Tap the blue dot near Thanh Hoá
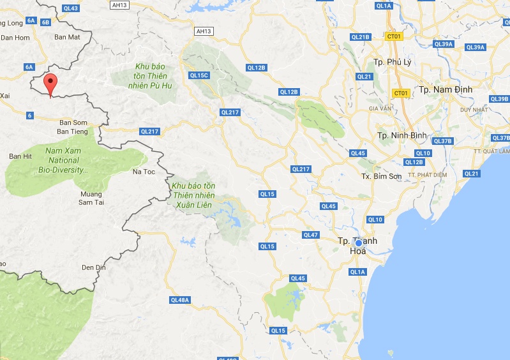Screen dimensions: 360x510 pos(359,243)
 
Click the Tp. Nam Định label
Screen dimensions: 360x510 pos(446,89)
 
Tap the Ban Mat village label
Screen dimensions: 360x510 pos(67,37)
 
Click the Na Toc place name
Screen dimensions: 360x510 pos(143,172)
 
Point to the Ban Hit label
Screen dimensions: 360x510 pos(20,156)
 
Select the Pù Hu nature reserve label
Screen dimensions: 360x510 pos(150,77)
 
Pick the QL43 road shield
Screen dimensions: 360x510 pos(71,8)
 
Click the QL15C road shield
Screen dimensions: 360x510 pos(199,75)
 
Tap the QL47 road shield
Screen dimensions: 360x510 pos(311,235)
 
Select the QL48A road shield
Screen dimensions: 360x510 pos(180,299)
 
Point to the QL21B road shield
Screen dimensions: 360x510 pos(361,37)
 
